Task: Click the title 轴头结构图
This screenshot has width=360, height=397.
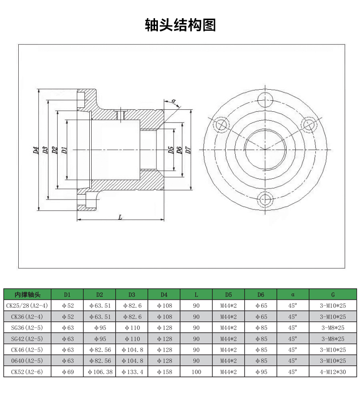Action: [180, 25]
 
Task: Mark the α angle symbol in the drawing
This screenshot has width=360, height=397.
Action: [173, 101]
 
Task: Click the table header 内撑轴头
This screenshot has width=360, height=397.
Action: [27, 294]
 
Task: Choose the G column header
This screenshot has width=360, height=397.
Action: [333, 294]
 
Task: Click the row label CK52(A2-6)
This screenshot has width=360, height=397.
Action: [27, 372]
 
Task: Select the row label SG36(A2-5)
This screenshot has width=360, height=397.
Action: [27, 327]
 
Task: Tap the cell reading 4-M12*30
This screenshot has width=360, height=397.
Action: [333, 372]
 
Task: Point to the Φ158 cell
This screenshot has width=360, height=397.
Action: [164, 372]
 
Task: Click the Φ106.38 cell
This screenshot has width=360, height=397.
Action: [99, 372]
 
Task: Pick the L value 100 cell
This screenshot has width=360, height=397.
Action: [196, 372]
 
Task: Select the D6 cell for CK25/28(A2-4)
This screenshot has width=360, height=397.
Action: [261, 305]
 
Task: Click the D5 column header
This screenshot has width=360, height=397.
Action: [228, 294]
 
